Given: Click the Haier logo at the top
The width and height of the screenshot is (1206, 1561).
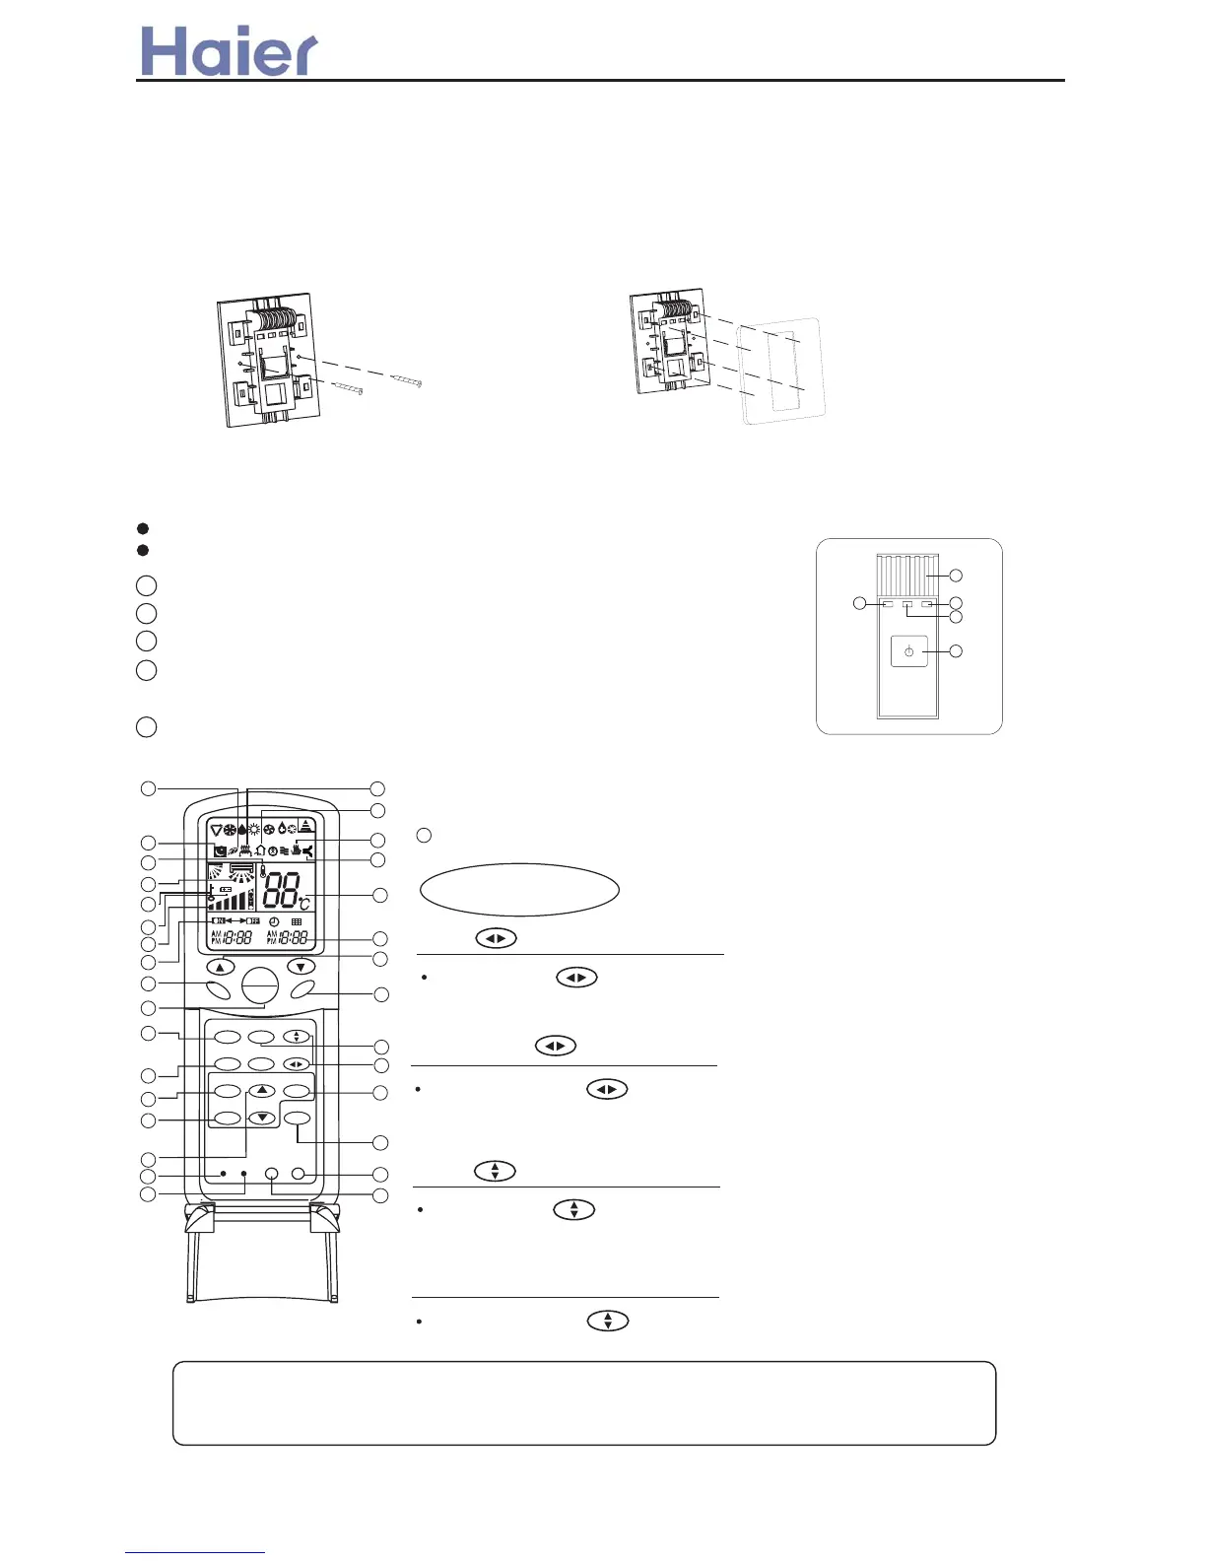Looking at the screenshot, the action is pyautogui.click(x=229, y=51).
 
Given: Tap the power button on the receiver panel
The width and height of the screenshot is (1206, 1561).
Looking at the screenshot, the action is pyautogui.click(x=908, y=651).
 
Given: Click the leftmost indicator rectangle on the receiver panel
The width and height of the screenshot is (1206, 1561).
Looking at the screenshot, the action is pyautogui.click(x=888, y=603).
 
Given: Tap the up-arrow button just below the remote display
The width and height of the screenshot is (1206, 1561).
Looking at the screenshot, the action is pyautogui.click(x=220, y=967).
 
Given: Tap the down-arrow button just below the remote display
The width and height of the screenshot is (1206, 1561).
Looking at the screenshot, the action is pyautogui.click(x=301, y=967).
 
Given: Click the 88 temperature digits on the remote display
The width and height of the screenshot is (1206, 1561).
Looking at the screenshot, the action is pyautogui.click(x=281, y=891).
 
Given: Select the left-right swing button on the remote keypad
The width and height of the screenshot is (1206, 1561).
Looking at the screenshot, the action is pyautogui.click(x=296, y=1064).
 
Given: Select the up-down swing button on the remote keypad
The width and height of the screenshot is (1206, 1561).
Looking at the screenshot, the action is pyautogui.click(x=296, y=1037).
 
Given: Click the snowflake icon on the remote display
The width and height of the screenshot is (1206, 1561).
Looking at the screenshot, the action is pyautogui.click(x=230, y=829).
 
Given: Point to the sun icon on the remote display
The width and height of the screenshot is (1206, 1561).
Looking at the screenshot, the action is pyautogui.click(x=254, y=829).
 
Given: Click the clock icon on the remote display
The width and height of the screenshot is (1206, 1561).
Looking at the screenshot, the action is pyautogui.click(x=274, y=922).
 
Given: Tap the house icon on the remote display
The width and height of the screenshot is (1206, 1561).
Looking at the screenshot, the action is pyautogui.click(x=260, y=849).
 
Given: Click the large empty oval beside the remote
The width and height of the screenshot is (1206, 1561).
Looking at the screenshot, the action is pyautogui.click(x=519, y=891).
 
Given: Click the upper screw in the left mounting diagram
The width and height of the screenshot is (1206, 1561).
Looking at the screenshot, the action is pyautogui.click(x=406, y=379).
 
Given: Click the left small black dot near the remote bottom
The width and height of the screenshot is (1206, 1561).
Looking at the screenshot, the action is pyautogui.click(x=224, y=1174).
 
